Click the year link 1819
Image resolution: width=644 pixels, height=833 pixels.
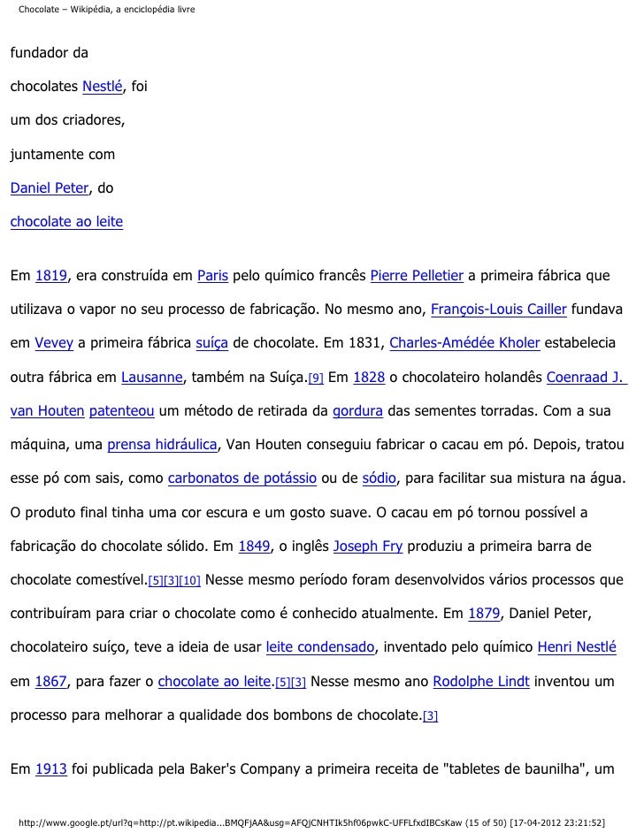click(x=52, y=277)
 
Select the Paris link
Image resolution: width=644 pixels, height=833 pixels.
click(x=212, y=277)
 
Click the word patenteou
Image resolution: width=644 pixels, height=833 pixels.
click(x=119, y=411)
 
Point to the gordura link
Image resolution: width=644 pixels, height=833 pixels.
click(x=357, y=411)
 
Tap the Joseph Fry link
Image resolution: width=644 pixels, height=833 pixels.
click(x=368, y=546)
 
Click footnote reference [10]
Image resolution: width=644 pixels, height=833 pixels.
click(x=191, y=580)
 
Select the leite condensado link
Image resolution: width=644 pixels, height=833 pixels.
click(x=320, y=646)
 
